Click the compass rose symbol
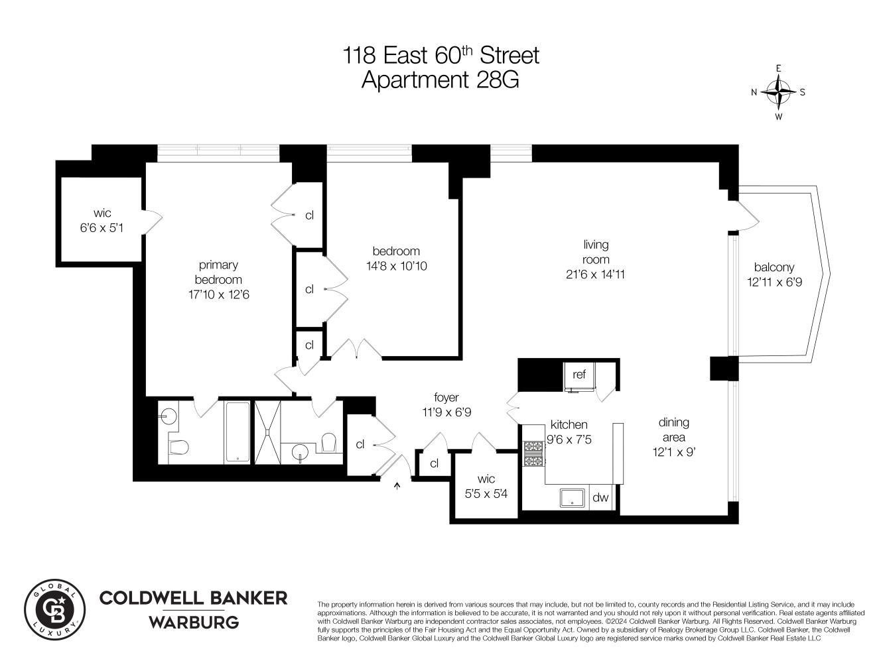[778, 92]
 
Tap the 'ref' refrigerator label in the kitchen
[579, 375]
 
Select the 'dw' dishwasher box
[600, 497]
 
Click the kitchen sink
[571, 498]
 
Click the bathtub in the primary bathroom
[238, 432]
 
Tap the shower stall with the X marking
[267, 432]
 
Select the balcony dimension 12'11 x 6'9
[774, 282]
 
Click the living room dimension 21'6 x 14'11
[596, 274]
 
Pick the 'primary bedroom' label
[218, 272]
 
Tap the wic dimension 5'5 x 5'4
[486, 493]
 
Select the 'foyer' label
[446, 397]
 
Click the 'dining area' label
[673, 430]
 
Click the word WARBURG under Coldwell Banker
[193, 623]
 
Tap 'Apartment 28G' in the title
[440, 80]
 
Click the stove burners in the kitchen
[533, 453]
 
